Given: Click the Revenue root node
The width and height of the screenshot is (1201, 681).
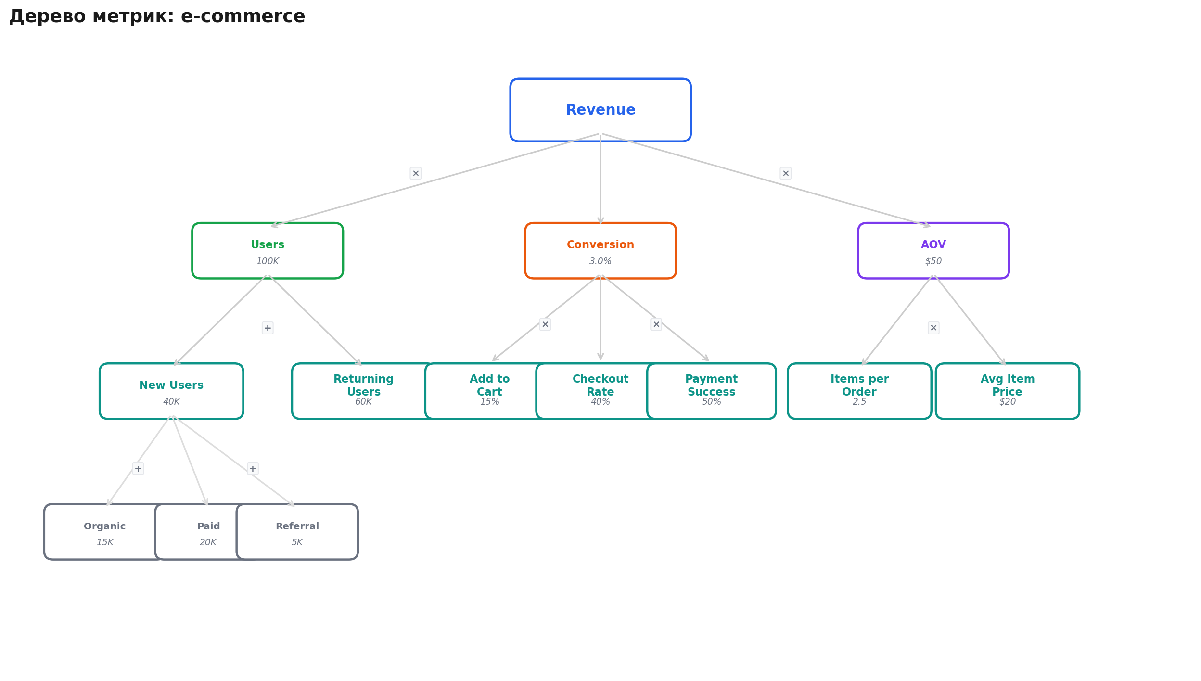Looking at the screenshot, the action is pyautogui.click(x=600, y=110).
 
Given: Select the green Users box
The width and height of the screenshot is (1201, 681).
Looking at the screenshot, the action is pyautogui.click(x=268, y=251).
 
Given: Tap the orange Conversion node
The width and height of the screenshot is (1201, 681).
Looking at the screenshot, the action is pyautogui.click(x=600, y=251).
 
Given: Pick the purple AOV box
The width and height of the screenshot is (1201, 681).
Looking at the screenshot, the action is pyautogui.click(x=933, y=251).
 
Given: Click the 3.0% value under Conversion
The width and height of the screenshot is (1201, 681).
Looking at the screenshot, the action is pyautogui.click(x=600, y=261).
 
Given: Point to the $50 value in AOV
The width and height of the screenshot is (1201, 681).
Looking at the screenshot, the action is pyautogui.click(x=933, y=261).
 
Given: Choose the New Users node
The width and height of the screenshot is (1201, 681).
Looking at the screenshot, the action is pyautogui.click(x=171, y=391).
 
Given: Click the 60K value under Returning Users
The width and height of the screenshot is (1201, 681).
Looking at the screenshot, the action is pyautogui.click(x=363, y=402).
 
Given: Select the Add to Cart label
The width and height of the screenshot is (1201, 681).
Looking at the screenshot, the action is pyautogui.click(x=489, y=385).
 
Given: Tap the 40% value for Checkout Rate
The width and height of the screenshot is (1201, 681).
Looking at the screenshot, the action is pyautogui.click(x=600, y=402).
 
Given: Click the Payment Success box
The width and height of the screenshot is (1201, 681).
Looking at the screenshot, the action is pyautogui.click(x=712, y=391).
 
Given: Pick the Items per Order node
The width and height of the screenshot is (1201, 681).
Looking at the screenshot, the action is pyautogui.click(x=859, y=391).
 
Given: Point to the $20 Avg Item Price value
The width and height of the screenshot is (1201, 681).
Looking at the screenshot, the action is pyautogui.click(x=1008, y=402).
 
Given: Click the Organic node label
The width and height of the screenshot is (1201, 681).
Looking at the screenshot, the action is pyautogui.click(x=105, y=527).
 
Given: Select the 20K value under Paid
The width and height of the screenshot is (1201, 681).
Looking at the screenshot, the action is pyautogui.click(x=208, y=542).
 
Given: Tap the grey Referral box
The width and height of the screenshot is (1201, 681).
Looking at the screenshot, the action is pyautogui.click(x=297, y=532).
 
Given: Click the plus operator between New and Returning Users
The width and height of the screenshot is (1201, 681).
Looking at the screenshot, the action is pyautogui.click(x=268, y=328).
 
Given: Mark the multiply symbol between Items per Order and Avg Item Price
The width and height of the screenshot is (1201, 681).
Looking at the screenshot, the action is pyautogui.click(x=933, y=328).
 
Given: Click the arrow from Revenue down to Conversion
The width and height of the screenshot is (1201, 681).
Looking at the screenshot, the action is pyautogui.click(x=600, y=179).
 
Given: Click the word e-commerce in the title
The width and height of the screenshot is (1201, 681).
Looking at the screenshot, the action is pyautogui.click(x=243, y=16).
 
